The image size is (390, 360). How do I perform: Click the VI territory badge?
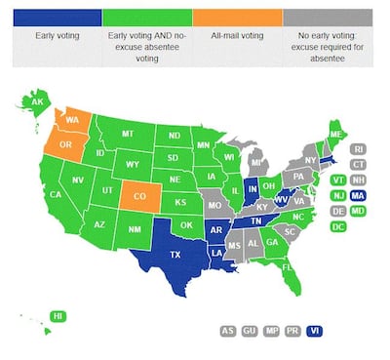[x=314, y=331]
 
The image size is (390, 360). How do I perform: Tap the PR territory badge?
[x=292, y=331]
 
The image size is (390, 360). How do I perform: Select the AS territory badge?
[x=228, y=331]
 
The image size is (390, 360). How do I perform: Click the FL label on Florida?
[x=288, y=264]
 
